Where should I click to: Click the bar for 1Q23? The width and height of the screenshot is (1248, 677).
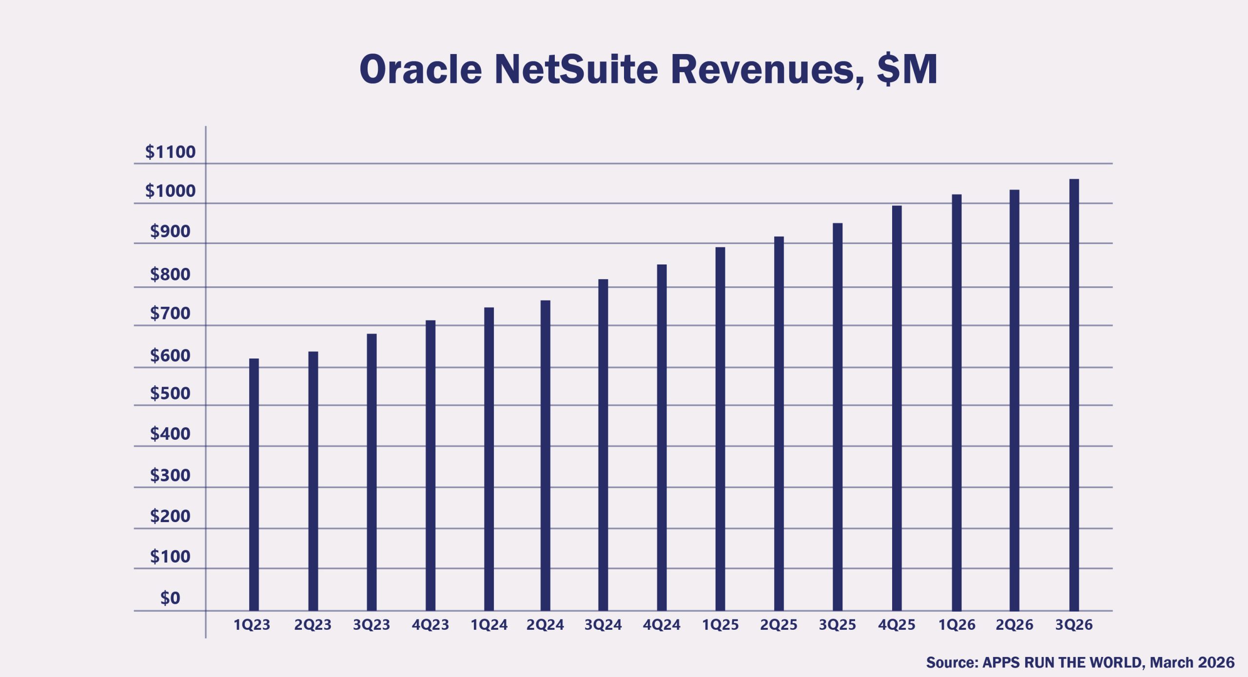coord(254,485)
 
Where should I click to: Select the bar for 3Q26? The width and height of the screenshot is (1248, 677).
coord(1074,395)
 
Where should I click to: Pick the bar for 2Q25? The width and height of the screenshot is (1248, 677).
coord(779,423)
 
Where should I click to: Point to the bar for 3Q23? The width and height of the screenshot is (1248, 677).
coord(371,472)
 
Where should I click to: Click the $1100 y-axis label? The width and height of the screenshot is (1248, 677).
coord(170,152)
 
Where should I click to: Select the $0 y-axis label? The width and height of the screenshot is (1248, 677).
coord(170,598)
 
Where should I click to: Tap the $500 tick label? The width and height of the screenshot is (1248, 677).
coord(170,393)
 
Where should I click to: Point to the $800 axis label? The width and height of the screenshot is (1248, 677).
coord(170,274)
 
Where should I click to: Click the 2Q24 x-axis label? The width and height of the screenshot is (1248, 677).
coord(545,624)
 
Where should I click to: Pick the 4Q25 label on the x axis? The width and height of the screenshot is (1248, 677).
coord(897,624)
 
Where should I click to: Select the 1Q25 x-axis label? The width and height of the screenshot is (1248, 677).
coord(720,624)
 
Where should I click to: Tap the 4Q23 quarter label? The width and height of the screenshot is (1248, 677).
coord(430,624)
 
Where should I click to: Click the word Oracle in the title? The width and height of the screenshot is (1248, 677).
coord(420,69)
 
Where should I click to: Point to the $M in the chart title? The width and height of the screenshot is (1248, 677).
coord(907,69)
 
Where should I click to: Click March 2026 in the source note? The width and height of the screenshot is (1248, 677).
coord(1192,662)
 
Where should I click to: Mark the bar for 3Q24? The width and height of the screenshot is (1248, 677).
coord(603,445)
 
